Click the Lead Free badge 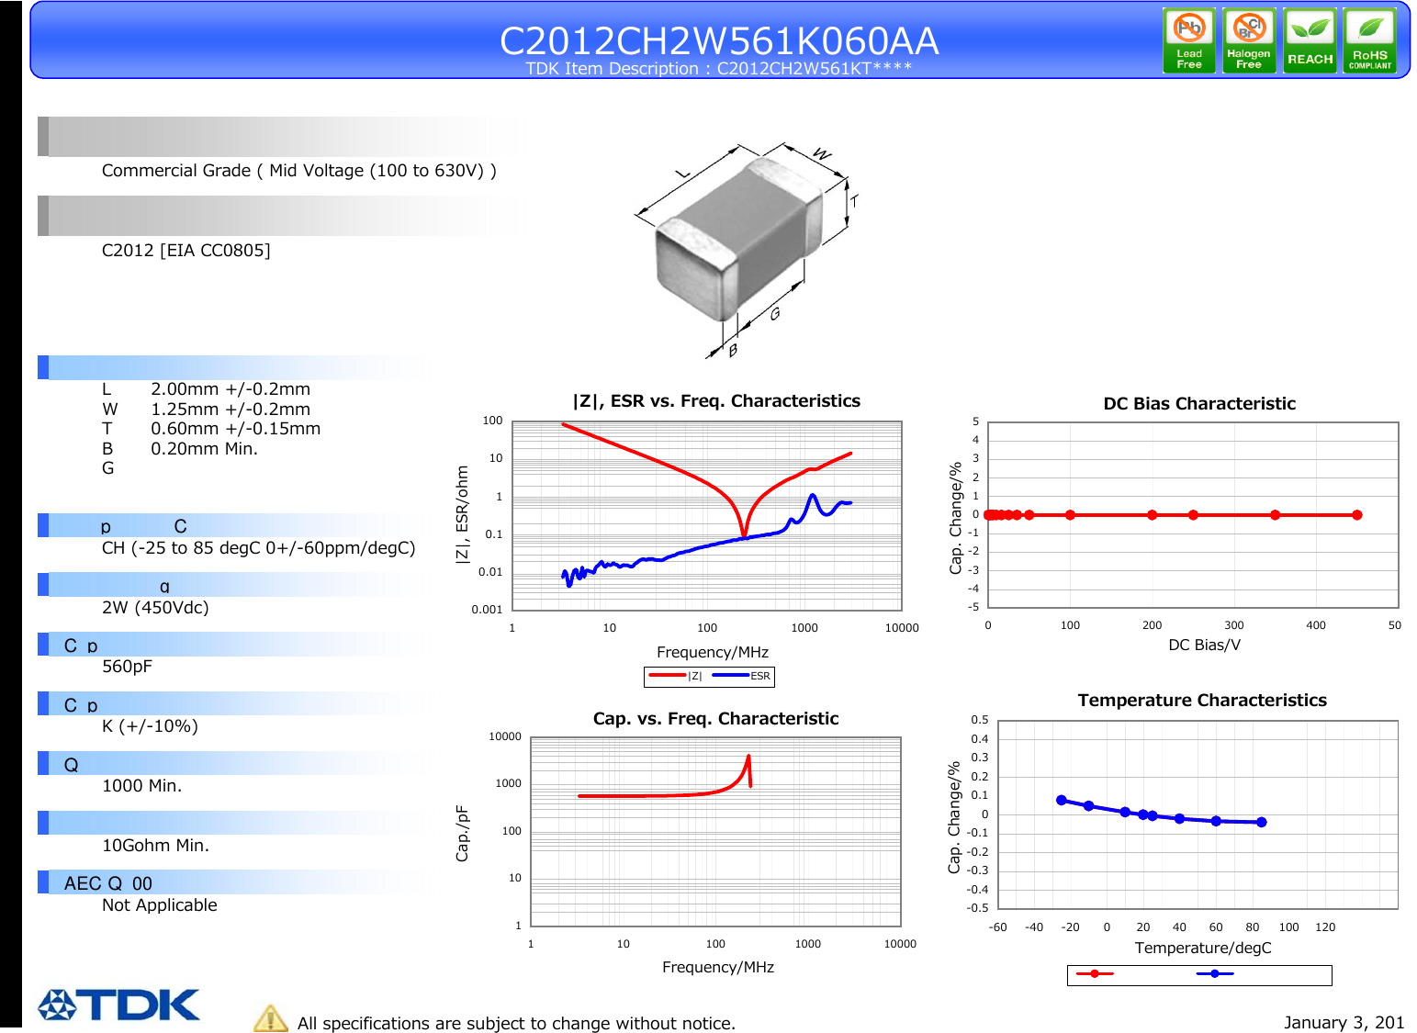pyautogui.click(x=1188, y=40)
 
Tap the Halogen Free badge pyautogui.click(x=1248, y=40)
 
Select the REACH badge pyautogui.click(x=1310, y=40)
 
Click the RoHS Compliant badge pyautogui.click(x=1369, y=40)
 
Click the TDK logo pyautogui.click(x=118, y=1005)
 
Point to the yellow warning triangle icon pyautogui.click(x=271, y=1018)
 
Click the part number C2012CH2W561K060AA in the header pyautogui.click(x=718, y=40)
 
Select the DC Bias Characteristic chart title pyautogui.click(x=1198, y=404)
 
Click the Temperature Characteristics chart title pyautogui.click(x=1201, y=701)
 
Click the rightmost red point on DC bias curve pyautogui.click(x=1356, y=515)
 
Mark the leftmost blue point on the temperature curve pyautogui.click(x=1062, y=800)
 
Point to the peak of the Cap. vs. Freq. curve pyautogui.click(x=749, y=757)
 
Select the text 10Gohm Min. pyautogui.click(x=155, y=846)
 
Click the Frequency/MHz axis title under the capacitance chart pyautogui.click(x=717, y=967)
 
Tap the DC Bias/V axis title pyautogui.click(x=1203, y=645)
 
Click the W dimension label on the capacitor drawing pyautogui.click(x=823, y=154)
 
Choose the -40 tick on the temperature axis pyautogui.click(x=1034, y=927)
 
